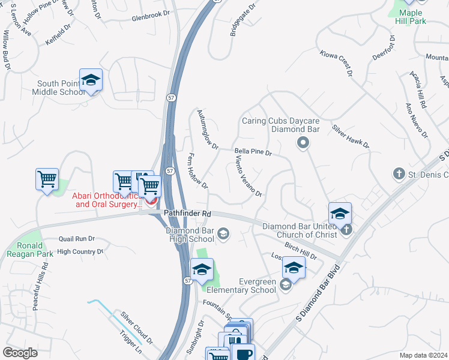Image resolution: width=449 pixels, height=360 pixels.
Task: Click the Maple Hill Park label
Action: pyautogui.click(x=409, y=16)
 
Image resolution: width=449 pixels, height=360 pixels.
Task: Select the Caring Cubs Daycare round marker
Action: pyautogui.click(x=303, y=143)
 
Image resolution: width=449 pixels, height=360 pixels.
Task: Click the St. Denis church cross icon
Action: pyautogui.click(x=398, y=174)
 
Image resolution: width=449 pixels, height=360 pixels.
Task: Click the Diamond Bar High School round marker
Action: pyautogui.click(x=223, y=233)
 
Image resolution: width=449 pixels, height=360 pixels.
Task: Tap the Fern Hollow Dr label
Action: pyautogui.click(x=195, y=169)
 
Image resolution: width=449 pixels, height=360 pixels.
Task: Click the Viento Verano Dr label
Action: pyautogui.click(x=249, y=175)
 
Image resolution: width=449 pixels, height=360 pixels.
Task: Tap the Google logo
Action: pyautogui.click(x=20, y=353)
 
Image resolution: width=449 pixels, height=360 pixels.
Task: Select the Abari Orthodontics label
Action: pyautogui.click(x=107, y=200)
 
